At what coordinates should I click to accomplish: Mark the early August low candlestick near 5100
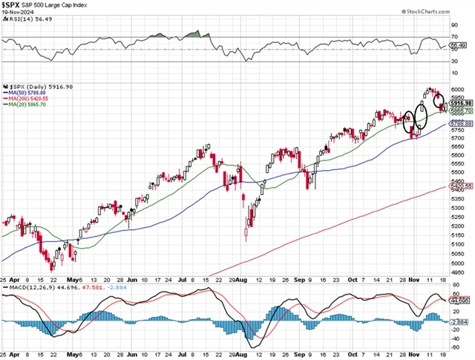[x=246, y=234]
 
